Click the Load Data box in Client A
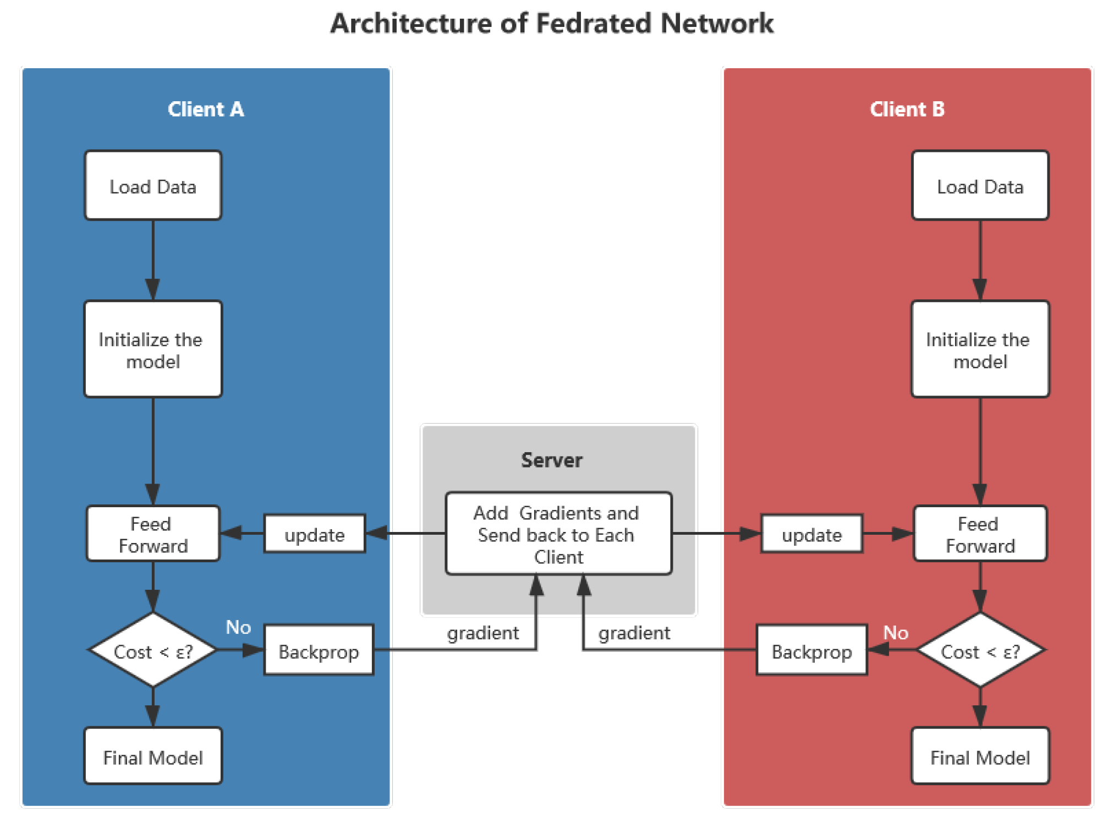[x=153, y=186]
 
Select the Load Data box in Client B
[x=980, y=186]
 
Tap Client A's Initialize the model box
[x=153, y=349]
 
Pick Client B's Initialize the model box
[x=980, y=349]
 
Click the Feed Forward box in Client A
[x=153, y=534]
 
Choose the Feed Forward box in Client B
[x=980, y=534]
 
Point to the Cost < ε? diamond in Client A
[x=153, y=650]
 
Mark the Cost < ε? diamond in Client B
[x=980, y=650]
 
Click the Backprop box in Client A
[x=319, y=650]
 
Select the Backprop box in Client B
[x=812, y=650]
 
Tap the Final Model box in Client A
[x=153, y=756]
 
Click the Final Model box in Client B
[x=980, y=756]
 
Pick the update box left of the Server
[x=315, y=534]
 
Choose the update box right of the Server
[x=812, y=534]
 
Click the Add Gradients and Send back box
[x=558, y=534]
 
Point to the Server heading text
[x=551, y=459]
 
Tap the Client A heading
[x=206, y=109]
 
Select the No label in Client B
[x=895, y=632]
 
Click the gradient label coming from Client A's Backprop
[x=483, y=632]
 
